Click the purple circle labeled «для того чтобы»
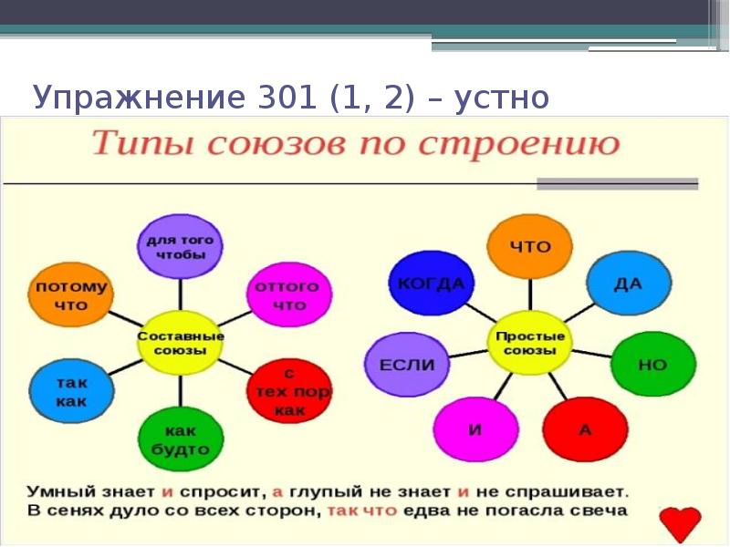pyautogui.click(x=180, y=246)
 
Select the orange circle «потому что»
pyautogui.click(x=70, y=295)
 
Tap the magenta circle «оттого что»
pyautogui.click(x=288, y=294)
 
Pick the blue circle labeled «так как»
pyautogui.click(x=70, y=392)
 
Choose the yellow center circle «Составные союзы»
pyautogui.click(x=180, y=342)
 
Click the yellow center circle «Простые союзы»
pyautogui.click(x=529, y=342)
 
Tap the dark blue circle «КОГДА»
pyautogui.click(x=431, y=284)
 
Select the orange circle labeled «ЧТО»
pyautogui.click(x=529, y=246)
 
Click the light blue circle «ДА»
pyautogui.click(x=628, y=283)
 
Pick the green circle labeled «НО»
pyautogui.click(x=652, y=365)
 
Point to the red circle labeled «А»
pyautogui.click(x=585, y=428)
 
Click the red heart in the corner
pyautogui.click(x=680, y=523)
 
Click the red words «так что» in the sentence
pyautogui.click(x=362, y=510)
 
